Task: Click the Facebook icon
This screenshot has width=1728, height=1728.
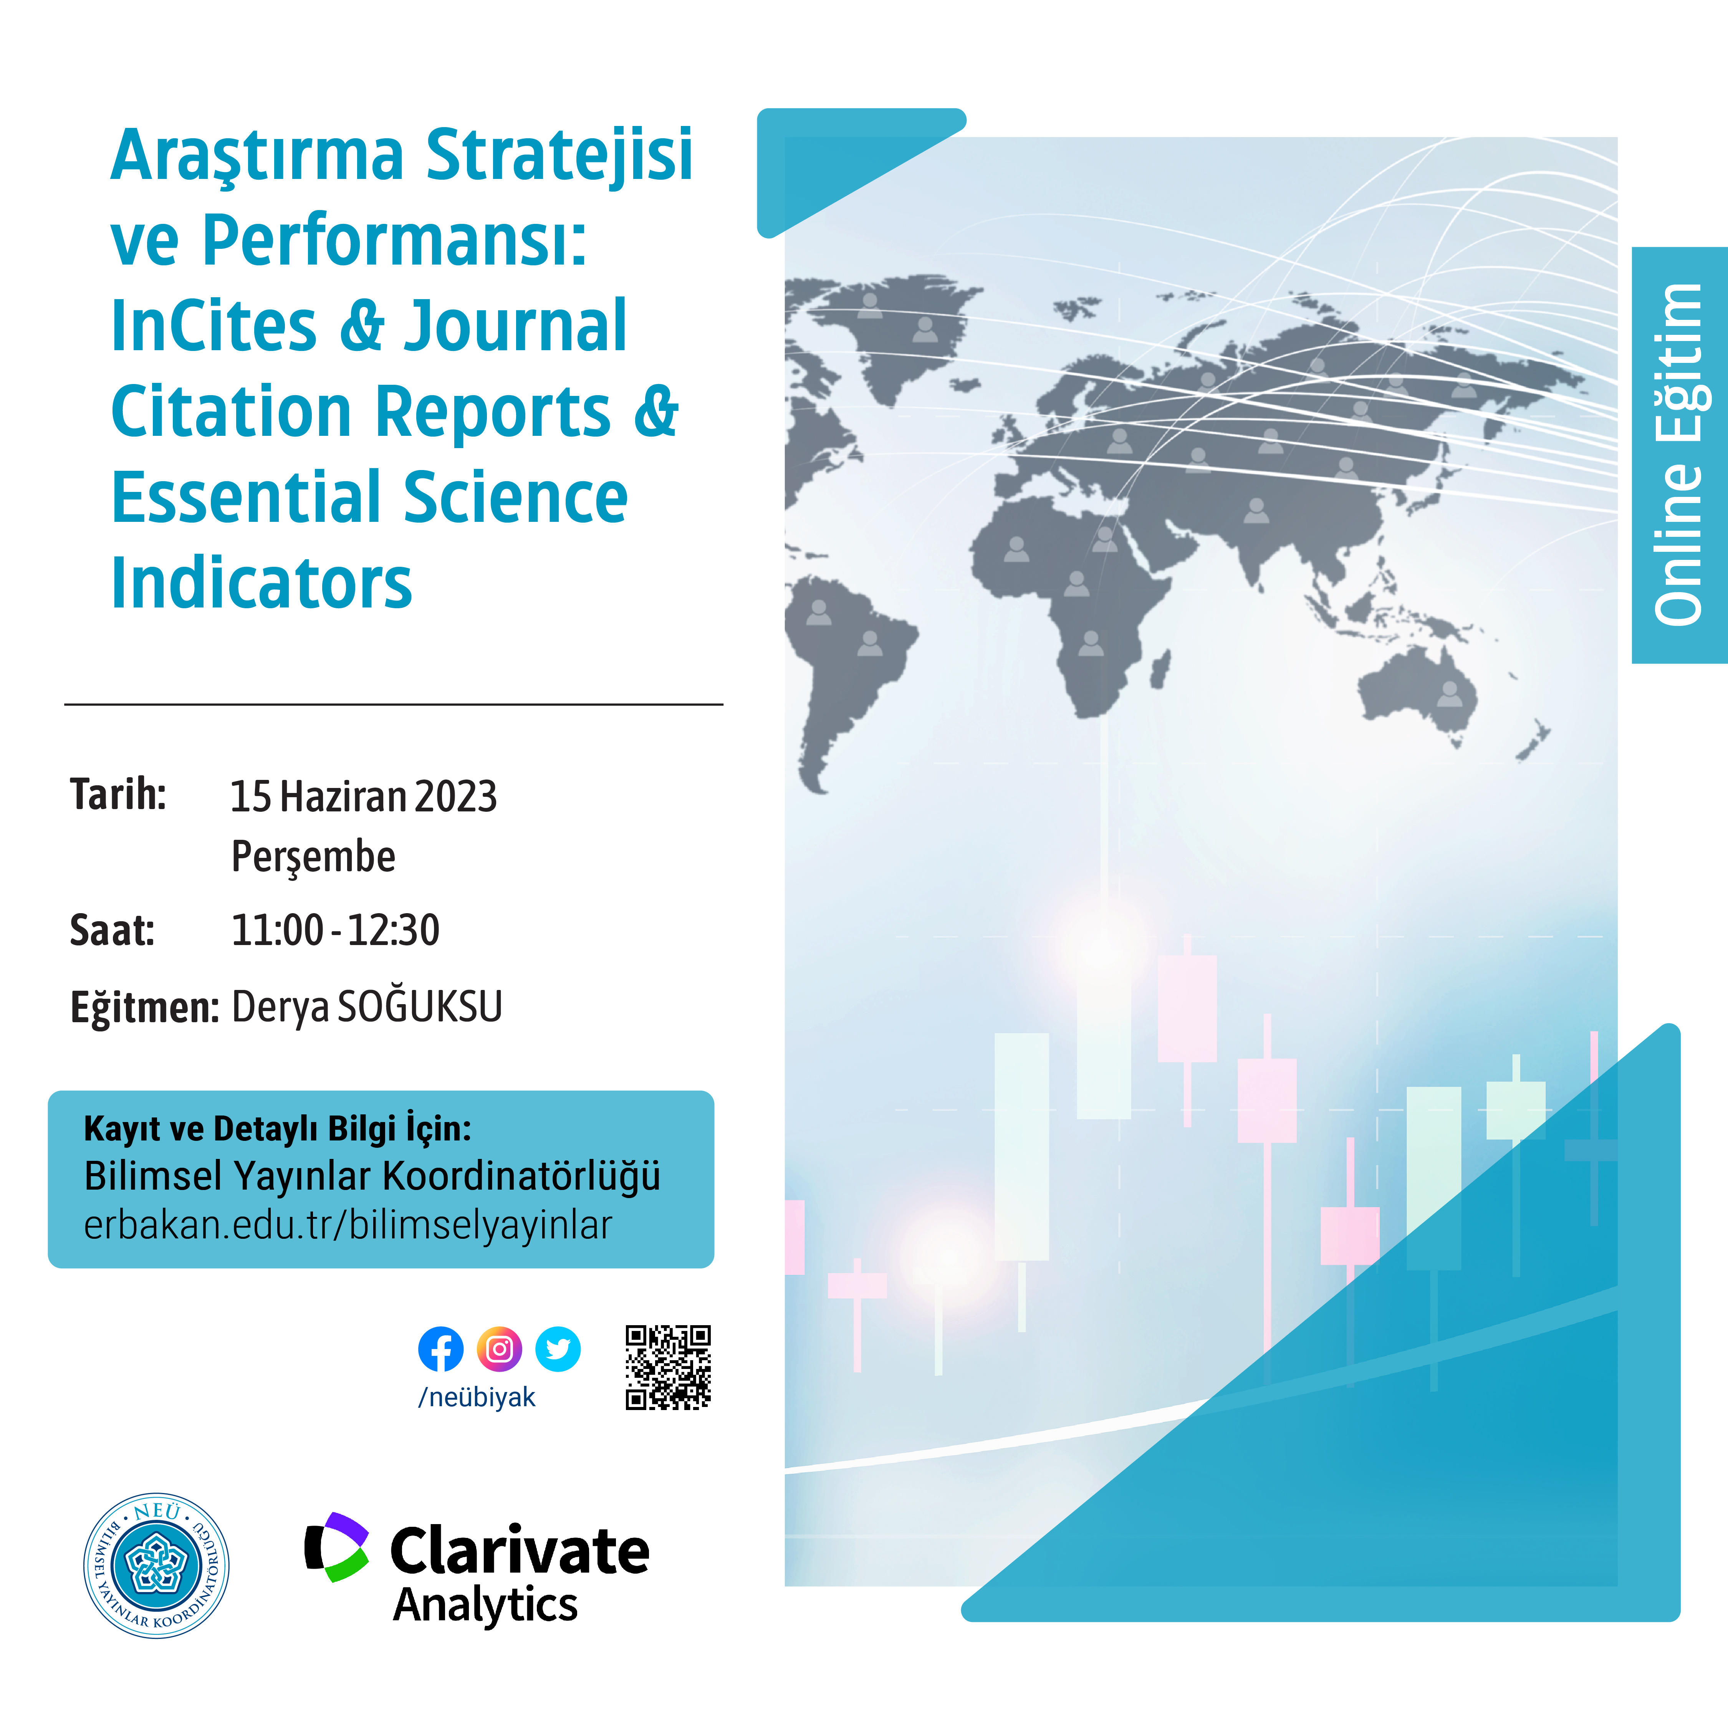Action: point(441,1349)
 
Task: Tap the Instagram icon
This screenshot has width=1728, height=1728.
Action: point(499,1349)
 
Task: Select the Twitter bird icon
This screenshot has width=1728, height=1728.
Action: point(558,1349)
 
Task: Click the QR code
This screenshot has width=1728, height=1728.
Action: point(668,1367)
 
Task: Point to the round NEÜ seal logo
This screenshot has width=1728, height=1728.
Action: point(157,1565)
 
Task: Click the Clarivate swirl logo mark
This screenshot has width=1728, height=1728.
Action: point(336,1548)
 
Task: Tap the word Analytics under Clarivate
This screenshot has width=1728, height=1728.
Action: point(486,1606)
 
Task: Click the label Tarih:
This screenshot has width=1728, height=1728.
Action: point(118,794)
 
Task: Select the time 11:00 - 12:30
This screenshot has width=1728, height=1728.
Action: point(335,930)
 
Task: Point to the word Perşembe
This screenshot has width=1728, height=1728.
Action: point(313,857)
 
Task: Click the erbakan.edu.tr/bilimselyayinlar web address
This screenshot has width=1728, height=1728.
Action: point(348,1225)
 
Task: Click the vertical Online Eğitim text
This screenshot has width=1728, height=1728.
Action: point(1678,454)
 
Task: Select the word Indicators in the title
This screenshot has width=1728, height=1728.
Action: point(261,583)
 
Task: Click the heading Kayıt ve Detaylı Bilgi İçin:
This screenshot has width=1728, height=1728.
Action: point(277,1129)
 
